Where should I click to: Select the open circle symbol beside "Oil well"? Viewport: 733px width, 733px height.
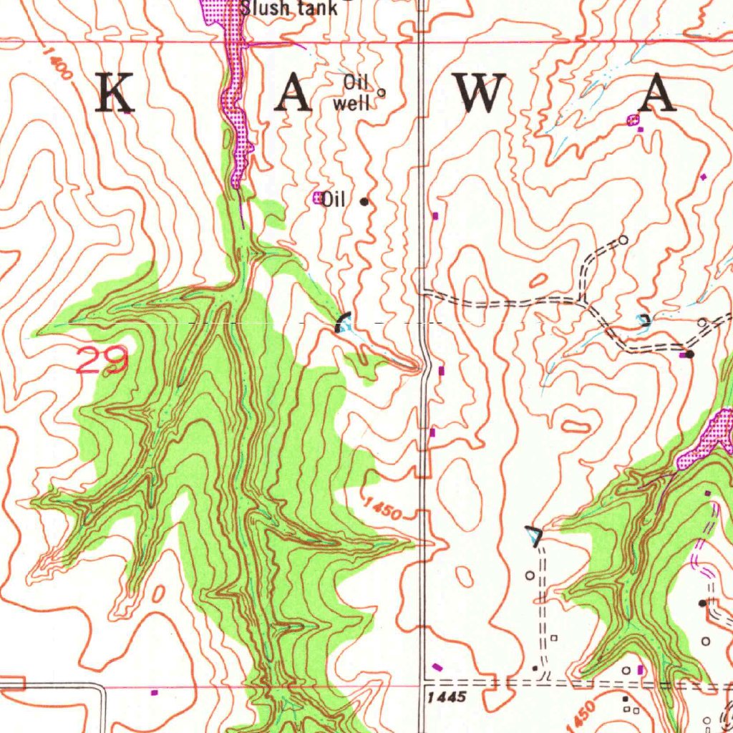381,92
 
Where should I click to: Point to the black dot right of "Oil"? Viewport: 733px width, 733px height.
364,202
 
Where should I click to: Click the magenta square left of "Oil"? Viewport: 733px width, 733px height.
317,198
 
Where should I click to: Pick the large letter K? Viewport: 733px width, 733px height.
116,94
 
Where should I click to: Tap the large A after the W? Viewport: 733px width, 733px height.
657,94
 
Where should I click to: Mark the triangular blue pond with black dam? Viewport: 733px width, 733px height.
534,535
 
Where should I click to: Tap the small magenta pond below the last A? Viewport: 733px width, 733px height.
632,120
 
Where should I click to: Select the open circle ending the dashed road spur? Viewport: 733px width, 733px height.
623,241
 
